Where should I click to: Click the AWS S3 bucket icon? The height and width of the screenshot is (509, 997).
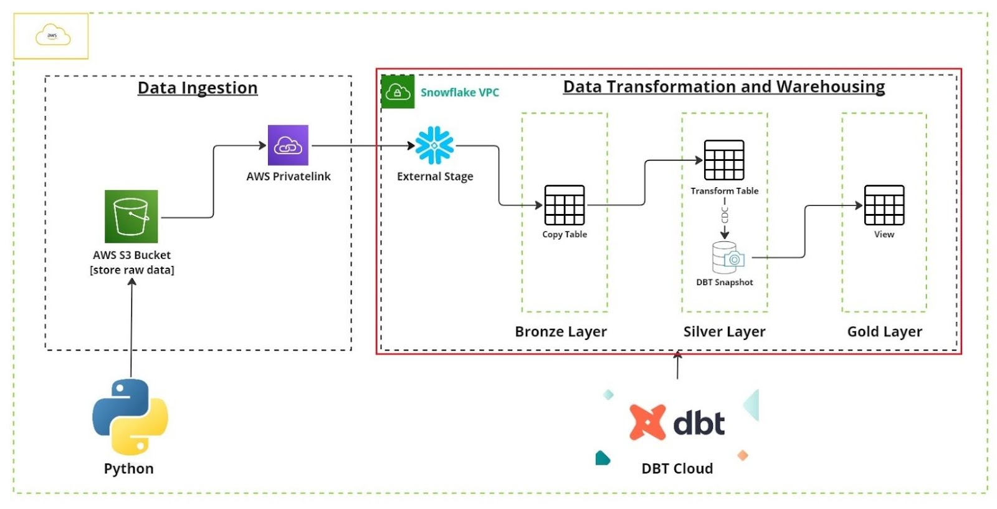tap(131, 216)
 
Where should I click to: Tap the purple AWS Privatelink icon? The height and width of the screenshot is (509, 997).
tap(288, 145)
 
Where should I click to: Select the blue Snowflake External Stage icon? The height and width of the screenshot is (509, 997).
tap(434, 145)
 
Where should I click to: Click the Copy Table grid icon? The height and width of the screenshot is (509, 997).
tap(565, 205)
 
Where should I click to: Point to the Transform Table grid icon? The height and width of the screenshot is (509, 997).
tap(724, 160)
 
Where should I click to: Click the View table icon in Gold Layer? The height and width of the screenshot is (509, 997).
tap(884, 205)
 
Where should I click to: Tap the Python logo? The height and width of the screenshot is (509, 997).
tap(130, 417)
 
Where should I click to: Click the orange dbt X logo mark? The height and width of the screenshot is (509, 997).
tap(647, 422)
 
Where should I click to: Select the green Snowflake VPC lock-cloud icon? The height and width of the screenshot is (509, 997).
tap(398, 92)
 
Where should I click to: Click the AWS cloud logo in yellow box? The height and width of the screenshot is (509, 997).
tap(52, 36)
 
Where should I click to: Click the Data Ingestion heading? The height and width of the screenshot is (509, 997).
tap(198, 88)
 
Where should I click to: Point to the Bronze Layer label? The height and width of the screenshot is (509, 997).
tap(561, 332)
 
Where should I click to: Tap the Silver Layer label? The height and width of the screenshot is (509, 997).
tap(724, 332)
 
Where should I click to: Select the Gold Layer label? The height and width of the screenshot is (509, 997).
tap(884, 332)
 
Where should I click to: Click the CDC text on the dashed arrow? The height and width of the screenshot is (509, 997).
tap(725, 215)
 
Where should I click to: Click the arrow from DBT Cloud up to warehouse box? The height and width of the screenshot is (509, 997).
tap(677, 366)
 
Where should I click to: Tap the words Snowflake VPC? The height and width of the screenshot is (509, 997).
tap(460, 92)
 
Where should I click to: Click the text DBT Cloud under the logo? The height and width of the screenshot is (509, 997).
tap(677, 468)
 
